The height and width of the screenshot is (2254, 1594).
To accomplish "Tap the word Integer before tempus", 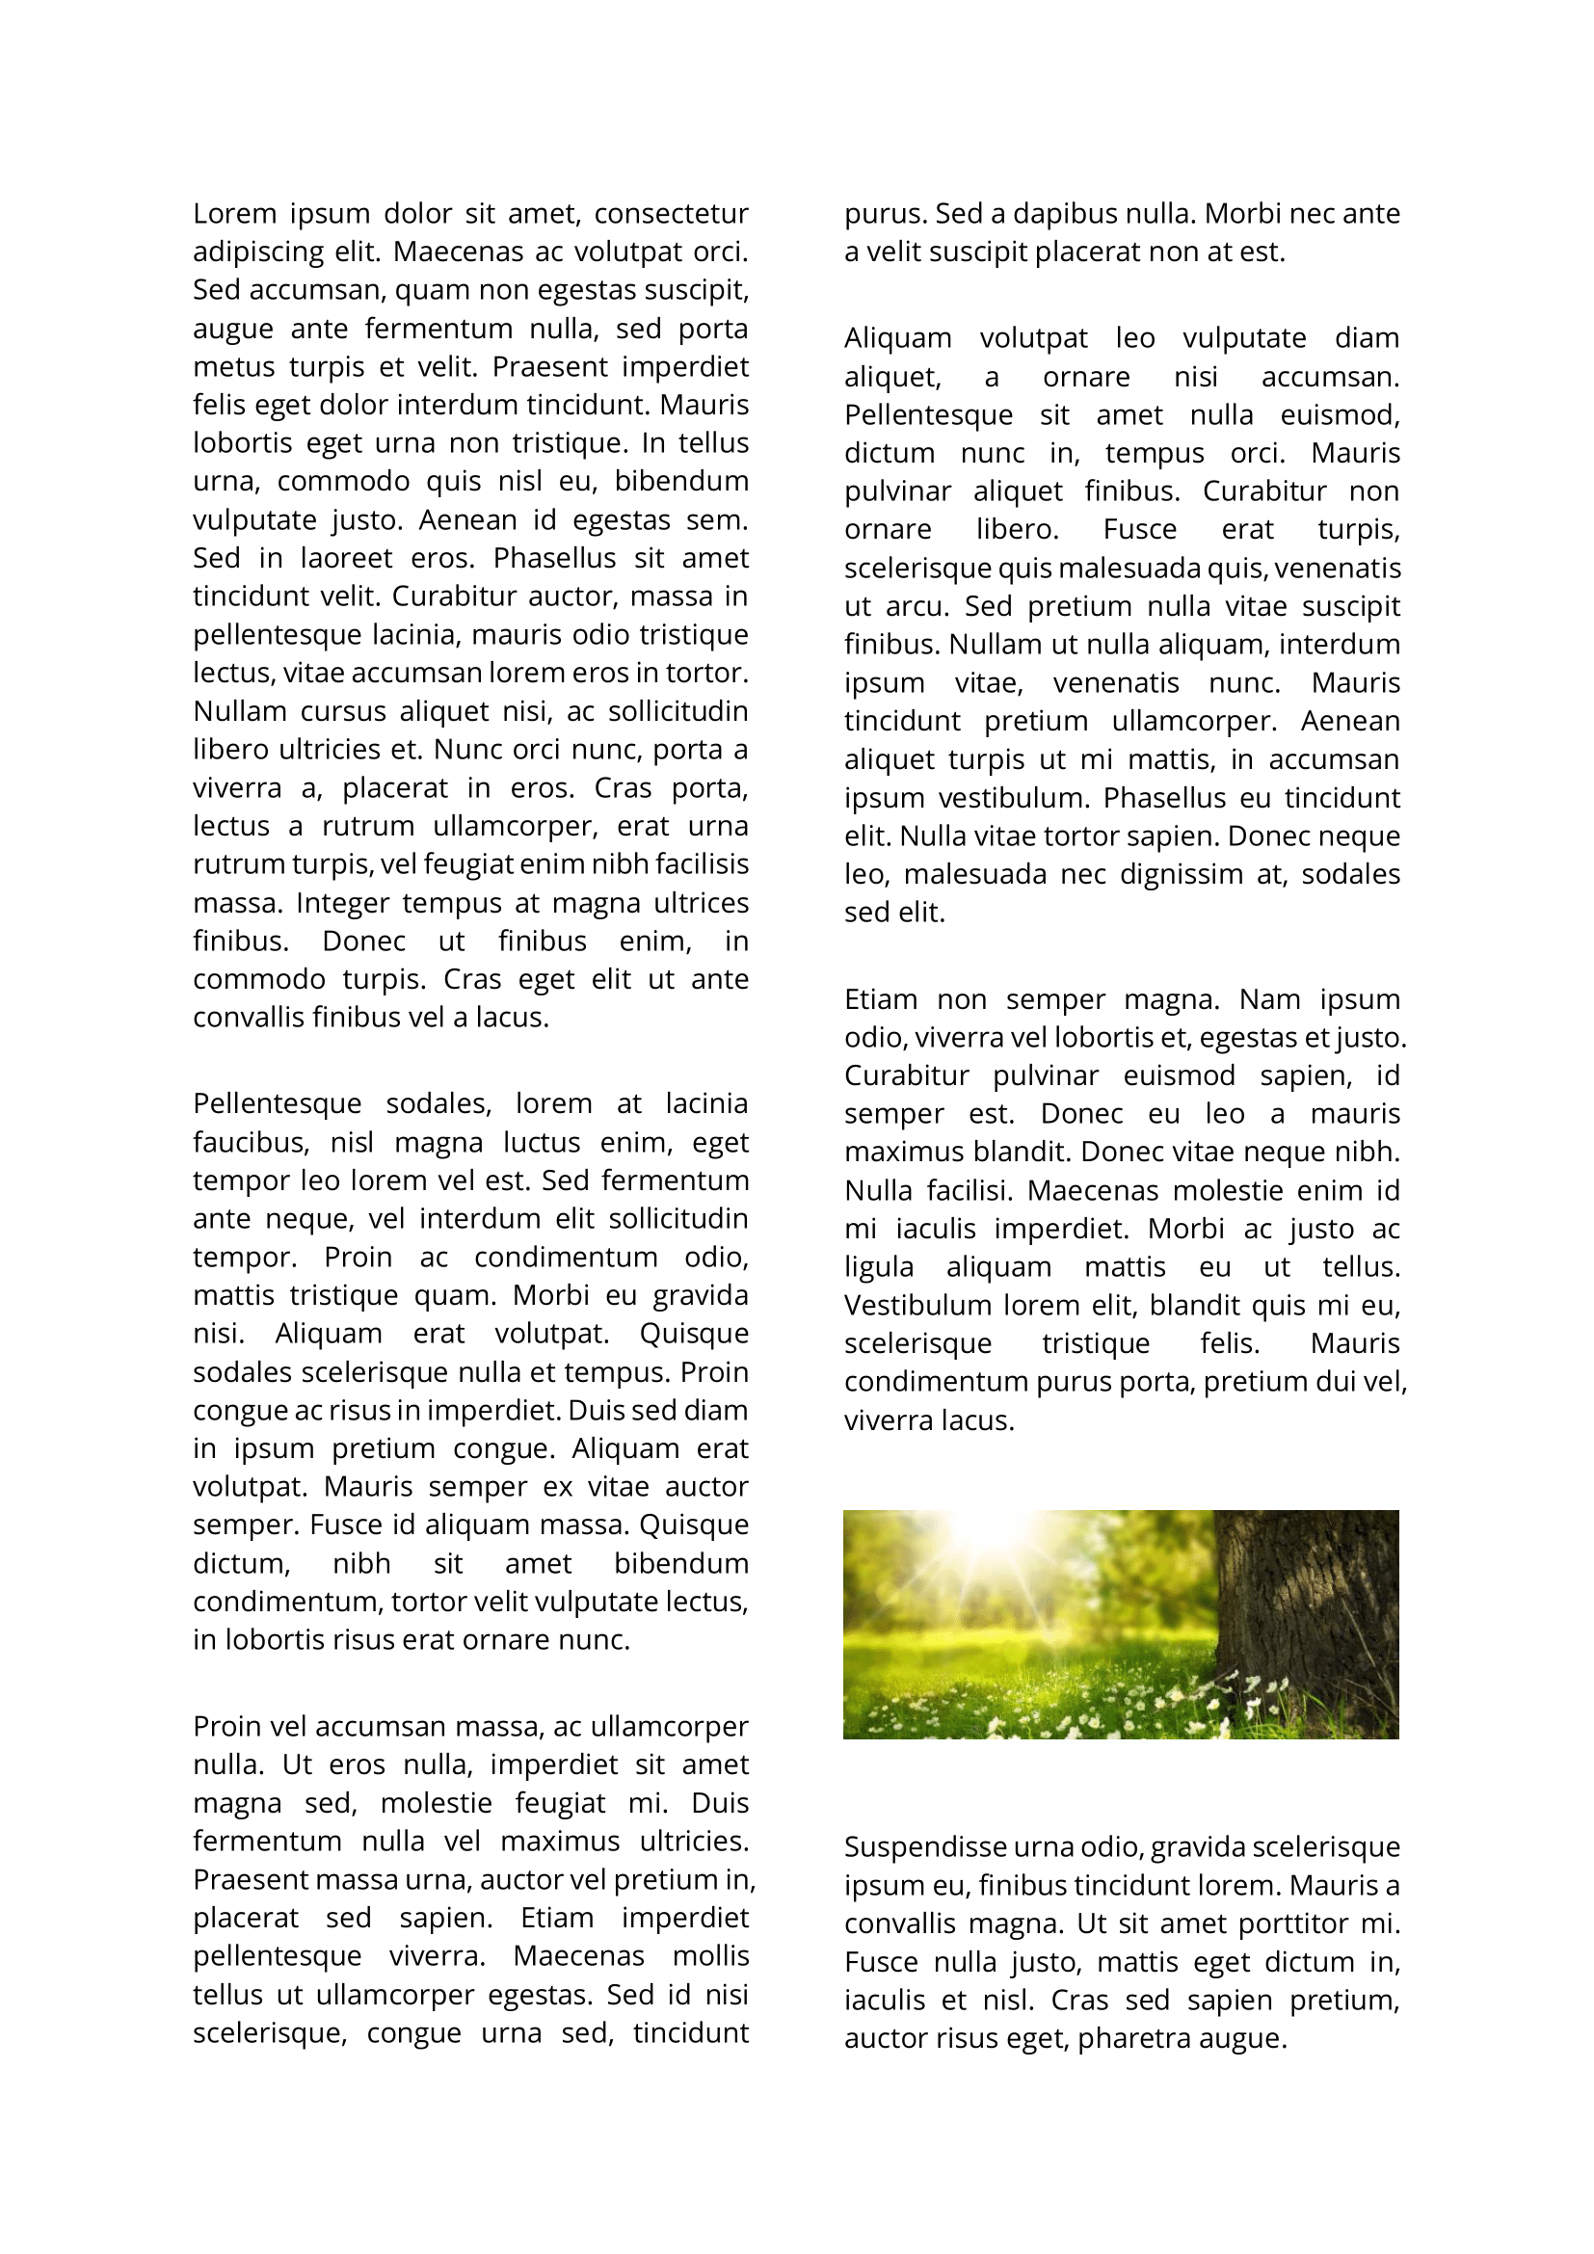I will (342, 902).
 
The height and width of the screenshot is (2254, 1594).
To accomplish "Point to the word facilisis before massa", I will (702, 863).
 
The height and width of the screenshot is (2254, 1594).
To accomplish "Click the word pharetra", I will (1131, 2038).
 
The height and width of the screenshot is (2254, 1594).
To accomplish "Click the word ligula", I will (879, 1267).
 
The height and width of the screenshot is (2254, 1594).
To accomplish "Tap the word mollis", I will (710, 1955).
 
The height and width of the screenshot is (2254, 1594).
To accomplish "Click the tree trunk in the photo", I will (1306, 1590).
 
